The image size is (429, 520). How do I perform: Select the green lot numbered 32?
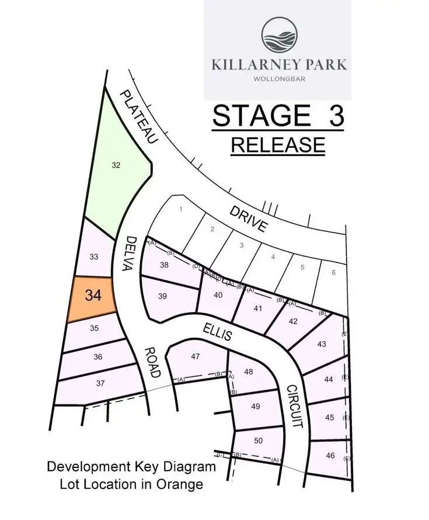tap(116, 165)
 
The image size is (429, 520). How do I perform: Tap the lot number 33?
tap(93, 256)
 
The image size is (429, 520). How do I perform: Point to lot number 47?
tap(195, 356)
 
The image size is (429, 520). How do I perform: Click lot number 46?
tap(330, 455)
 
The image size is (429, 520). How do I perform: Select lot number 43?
tap(321, 344)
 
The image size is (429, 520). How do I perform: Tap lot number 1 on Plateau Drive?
tap(182, 209)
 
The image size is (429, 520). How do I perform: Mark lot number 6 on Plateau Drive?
tap(333, 272)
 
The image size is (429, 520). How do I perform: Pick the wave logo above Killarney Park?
tap(278, 36)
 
